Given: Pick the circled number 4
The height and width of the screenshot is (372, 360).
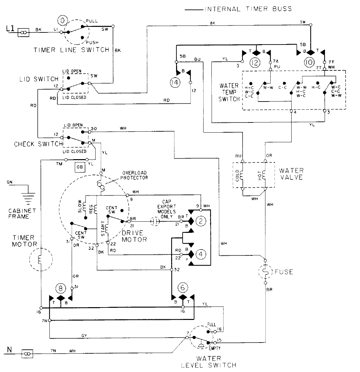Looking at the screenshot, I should coord(201,253).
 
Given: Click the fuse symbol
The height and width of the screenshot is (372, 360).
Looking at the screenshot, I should coord(265,271).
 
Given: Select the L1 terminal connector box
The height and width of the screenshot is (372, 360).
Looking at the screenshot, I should coord(24,32).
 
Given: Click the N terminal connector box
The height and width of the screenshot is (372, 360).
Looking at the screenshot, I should coord(27,353).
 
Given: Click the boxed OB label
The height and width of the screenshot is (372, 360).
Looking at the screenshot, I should coord(80,167).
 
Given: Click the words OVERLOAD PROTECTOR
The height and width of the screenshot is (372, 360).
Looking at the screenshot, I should coord(135,175).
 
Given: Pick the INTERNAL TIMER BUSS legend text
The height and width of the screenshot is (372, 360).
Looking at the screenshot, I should coord(248,9).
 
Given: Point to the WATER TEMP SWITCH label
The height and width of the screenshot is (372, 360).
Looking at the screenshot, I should coord(229,92).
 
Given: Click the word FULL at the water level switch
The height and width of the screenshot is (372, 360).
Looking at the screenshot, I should coord(212,324).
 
